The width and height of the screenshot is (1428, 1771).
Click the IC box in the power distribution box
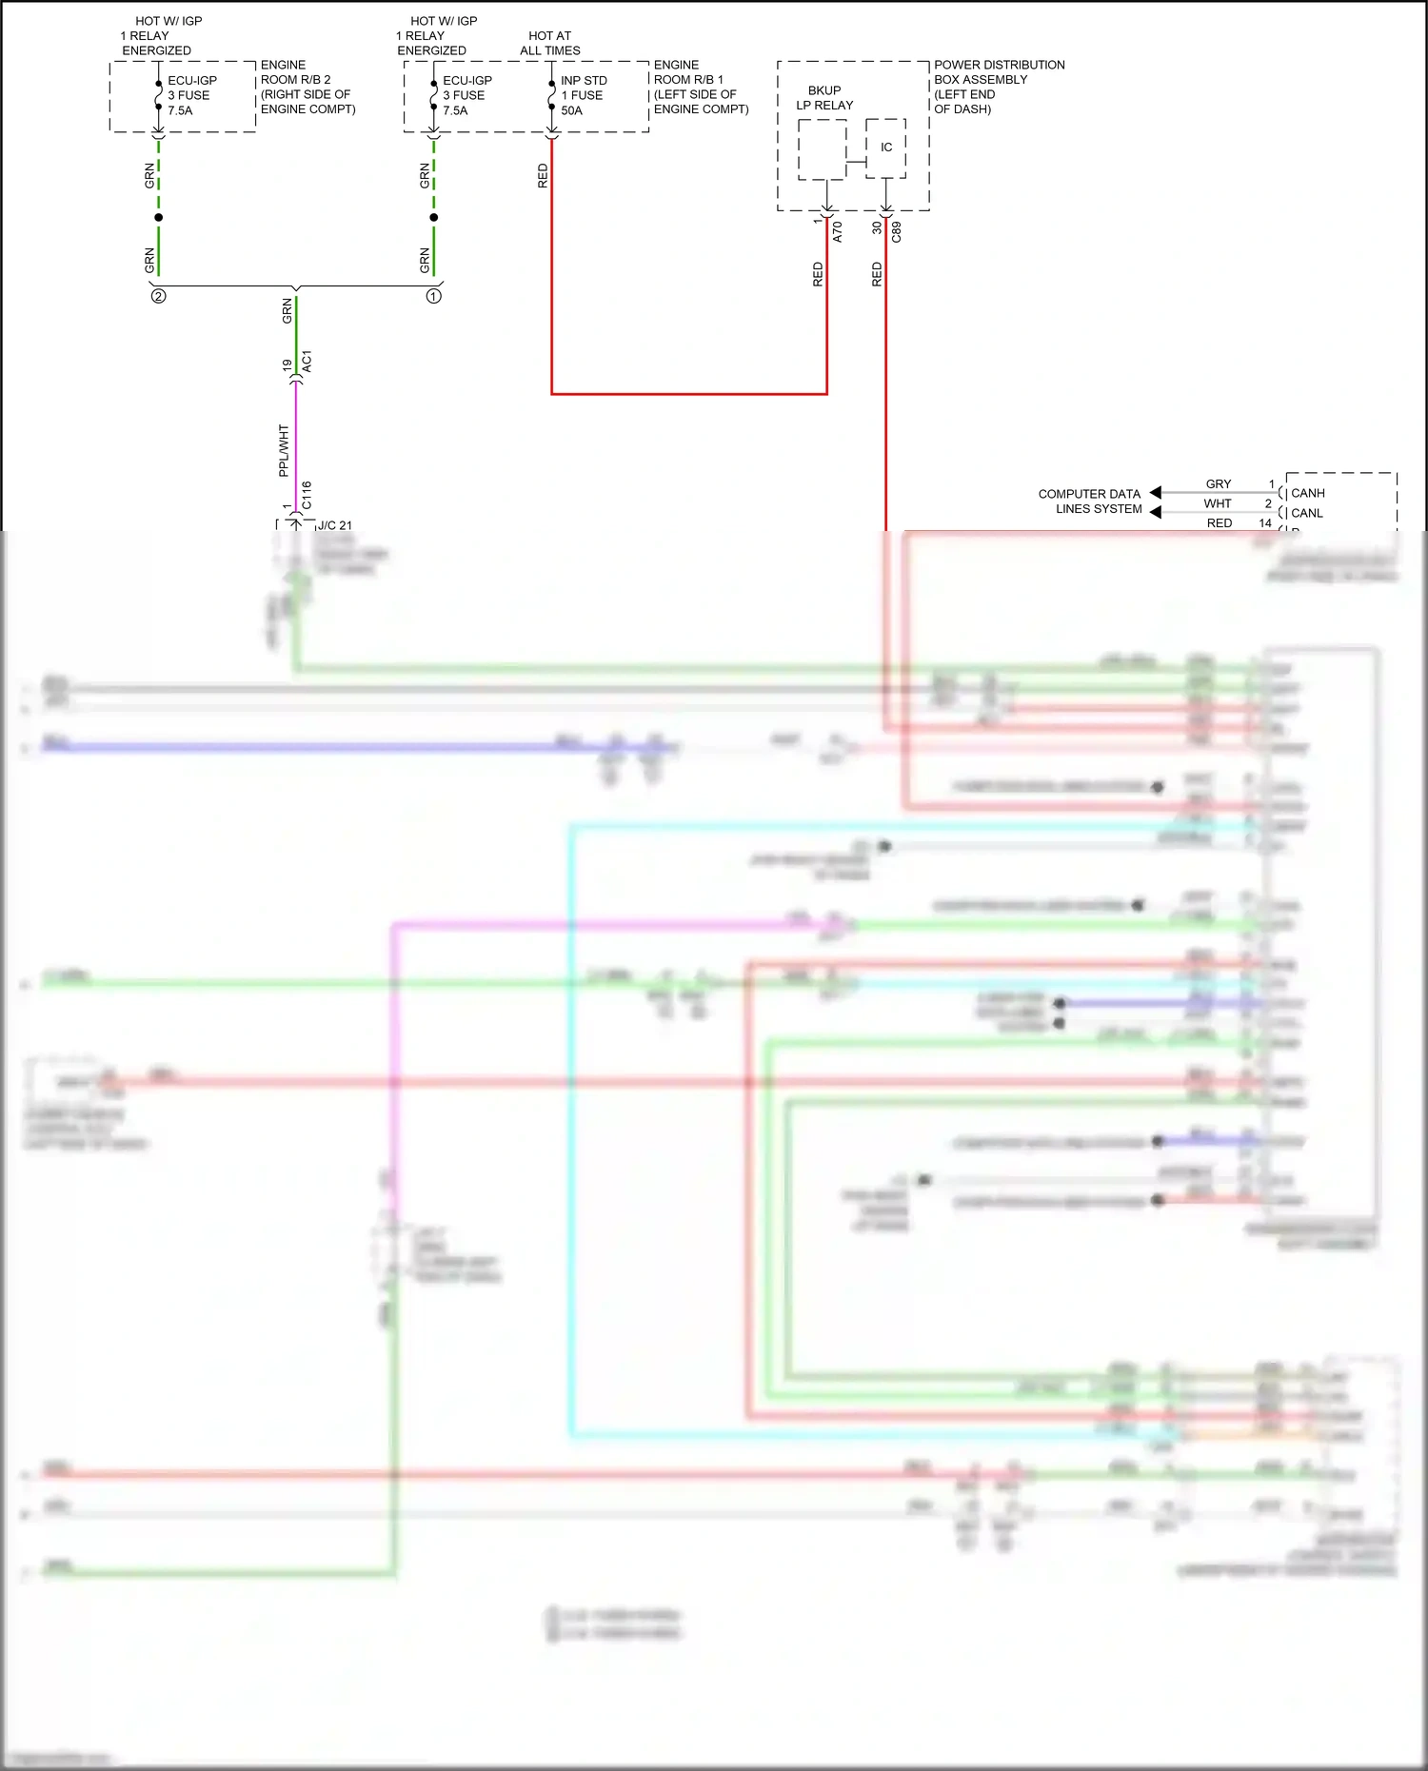[885, 148]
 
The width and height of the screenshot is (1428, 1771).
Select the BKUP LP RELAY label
[824, 98]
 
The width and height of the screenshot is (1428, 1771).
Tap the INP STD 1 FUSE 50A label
[583, 95]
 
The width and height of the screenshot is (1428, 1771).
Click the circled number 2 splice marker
[158, 296]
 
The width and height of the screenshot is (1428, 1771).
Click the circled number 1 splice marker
[433, 296]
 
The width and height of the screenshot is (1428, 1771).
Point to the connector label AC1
[307, 362]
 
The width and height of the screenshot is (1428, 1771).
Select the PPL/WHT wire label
[283, 450]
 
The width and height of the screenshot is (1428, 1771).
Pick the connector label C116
[307, 494]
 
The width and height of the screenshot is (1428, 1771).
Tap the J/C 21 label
[334, 525]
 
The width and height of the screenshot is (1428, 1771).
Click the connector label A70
[838, 231]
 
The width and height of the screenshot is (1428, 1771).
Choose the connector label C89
[896, 231]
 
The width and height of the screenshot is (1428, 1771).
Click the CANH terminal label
[1307, 493]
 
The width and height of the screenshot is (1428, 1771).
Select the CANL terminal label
[1306, 513]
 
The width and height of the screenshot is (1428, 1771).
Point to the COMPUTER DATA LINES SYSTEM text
[1090, 502]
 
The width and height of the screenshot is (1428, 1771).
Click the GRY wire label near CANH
[1218, 483]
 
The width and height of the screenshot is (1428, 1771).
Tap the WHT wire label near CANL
[1217, 503]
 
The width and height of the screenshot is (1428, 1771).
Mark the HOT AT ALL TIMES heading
[549, 43]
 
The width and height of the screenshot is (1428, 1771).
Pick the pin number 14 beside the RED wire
[1264, 522]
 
